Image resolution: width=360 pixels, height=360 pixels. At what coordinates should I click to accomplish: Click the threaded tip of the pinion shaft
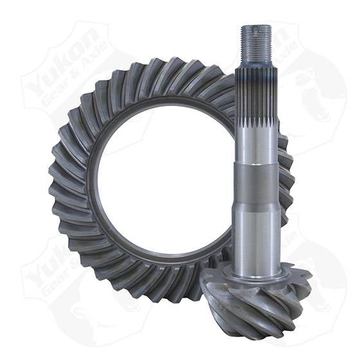click(x=256, y=45)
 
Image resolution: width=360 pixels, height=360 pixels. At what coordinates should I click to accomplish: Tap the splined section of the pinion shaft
click(x=256, y=96)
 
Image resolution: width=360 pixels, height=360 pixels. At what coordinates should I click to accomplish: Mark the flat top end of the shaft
click(x=256, y=27)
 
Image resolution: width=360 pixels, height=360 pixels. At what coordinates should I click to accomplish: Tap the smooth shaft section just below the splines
click(x=256, y=141)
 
